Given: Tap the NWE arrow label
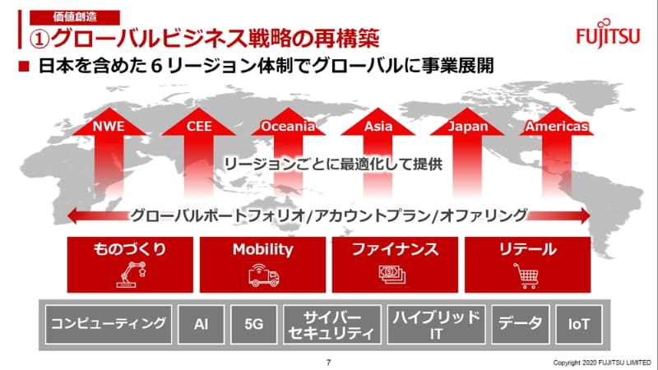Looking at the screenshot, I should pos(107,127).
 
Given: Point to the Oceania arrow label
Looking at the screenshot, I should pos(288,127).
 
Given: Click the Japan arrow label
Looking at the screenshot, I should pos(470,127).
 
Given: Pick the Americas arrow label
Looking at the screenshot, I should pos(556,127).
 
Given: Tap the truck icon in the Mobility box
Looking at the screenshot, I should pos(263,277).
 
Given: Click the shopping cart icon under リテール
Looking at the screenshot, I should pos(526,277).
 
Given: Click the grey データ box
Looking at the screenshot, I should pos(521,324).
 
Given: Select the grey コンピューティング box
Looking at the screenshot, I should pos(109,324).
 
